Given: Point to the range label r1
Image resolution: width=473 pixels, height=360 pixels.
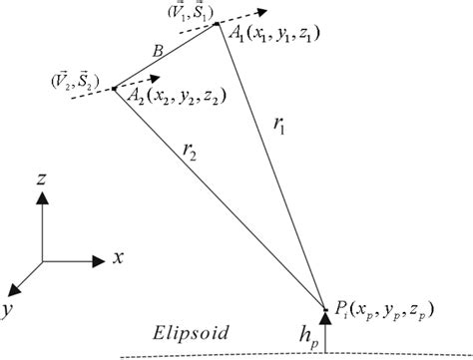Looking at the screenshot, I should tap(279, 126).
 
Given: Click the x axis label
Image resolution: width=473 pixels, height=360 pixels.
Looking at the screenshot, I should tap(118, 257).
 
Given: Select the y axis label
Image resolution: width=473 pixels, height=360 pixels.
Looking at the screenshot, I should tap(8, 311).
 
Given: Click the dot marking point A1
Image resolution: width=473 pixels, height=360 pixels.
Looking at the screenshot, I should tap(218, 26).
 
